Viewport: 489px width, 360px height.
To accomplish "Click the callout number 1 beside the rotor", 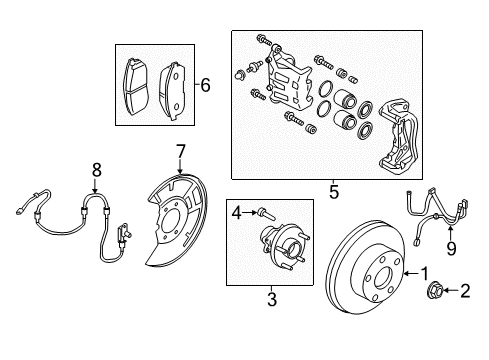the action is point(424,274).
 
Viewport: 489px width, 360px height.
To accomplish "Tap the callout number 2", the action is point(465,291).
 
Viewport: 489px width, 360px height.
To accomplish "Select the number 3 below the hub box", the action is point(272,299).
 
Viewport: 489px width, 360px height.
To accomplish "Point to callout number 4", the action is point(237,213).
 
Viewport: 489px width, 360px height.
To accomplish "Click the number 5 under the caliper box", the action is point(334,192).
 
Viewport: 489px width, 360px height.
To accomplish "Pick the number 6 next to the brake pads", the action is point(205,85).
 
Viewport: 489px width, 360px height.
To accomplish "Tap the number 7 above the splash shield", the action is point(180,152).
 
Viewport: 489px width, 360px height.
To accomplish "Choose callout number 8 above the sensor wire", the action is point(96,170).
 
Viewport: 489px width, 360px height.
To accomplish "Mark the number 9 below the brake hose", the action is point(451,249).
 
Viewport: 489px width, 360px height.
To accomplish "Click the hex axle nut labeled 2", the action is point(435,290).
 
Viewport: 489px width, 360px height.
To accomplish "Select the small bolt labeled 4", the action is point(266,214).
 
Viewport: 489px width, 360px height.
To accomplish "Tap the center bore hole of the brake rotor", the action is point(382,279).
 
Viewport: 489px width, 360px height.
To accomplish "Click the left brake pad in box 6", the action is point(135,87).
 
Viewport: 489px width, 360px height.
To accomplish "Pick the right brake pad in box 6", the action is point(172,91).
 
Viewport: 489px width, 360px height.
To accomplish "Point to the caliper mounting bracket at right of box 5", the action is point(398,137).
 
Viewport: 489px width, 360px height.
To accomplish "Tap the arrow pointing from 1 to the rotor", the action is point(411,274).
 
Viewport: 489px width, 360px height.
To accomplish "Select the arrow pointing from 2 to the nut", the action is point(451,291).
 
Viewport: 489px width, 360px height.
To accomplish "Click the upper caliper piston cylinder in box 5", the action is point(345,98).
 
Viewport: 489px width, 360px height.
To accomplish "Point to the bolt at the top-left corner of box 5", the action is point(264,40).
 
